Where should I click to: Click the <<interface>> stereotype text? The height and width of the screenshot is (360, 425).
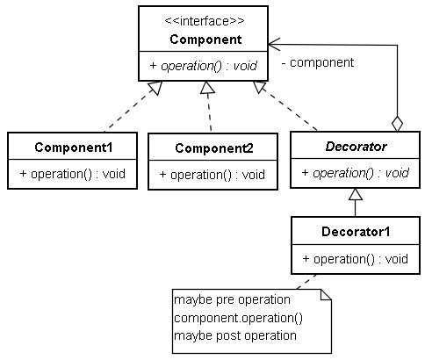point(205,21)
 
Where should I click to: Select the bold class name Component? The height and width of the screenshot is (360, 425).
point(205,40)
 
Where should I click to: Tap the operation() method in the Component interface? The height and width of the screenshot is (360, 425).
point(203,66)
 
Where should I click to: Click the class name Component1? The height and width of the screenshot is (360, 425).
point(74,148)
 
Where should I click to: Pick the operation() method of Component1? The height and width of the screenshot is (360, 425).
point(73,174)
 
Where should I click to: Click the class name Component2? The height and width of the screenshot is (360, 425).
point(214,148)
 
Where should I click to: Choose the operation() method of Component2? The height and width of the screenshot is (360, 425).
point(212,175)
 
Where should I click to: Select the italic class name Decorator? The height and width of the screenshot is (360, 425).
point(356,147)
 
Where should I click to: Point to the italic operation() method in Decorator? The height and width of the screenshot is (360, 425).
point(355,173)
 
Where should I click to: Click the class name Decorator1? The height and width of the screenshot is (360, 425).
point(356,232)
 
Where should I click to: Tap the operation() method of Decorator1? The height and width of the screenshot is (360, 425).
point(356,259)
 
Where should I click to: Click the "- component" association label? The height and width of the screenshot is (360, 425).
point(318,62)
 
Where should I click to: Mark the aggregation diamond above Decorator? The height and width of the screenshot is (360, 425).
point(397,124)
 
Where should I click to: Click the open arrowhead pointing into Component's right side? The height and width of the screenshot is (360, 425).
point(274,45)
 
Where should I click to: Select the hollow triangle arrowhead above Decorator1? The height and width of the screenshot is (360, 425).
point(356,194)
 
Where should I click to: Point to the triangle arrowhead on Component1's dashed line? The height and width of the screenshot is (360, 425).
point(155,87)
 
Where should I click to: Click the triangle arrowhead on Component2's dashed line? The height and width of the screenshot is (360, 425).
point(207,87)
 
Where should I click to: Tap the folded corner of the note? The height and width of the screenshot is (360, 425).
point(326,295)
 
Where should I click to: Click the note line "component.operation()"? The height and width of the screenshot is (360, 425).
point(238,318)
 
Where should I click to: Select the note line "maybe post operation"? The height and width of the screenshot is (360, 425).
point(235,335)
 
